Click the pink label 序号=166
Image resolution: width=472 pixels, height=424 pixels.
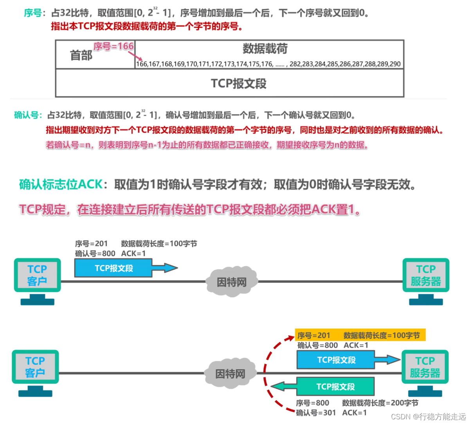pyautogui.click(x=113, y=47)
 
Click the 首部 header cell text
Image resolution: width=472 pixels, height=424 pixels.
pyautogui.click(x=81, y=55)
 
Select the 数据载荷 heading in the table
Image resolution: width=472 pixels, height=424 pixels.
pyautogui.click(x=265, y=49)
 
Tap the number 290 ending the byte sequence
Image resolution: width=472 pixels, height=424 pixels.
pyautogui.click(x=395, y=64)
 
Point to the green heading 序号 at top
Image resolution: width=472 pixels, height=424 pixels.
pyautogui.click(x=32, y=13)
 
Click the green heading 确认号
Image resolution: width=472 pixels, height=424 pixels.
pyautogui.click(x=28, y=115)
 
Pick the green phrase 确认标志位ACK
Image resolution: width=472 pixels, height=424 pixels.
pyautogui.click(x=61, y=184)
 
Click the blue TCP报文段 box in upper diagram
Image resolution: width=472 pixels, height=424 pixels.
pyautogui.click(x=113, y=268)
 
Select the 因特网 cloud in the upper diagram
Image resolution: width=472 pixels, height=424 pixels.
pyautogui.click(x=232, y=281)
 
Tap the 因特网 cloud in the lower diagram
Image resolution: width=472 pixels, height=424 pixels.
pyautogui.click(x=230, y=373)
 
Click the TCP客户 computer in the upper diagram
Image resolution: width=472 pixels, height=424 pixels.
pyautogui.click(x=37, y=276)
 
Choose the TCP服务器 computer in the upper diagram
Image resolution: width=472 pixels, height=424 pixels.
pyautogui.click(x=426, y=276)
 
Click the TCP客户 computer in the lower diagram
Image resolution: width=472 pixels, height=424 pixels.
pyautogui.click(x=35, y=368)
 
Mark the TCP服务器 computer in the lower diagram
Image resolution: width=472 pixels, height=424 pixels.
pyautogui.click(x=425, y=368)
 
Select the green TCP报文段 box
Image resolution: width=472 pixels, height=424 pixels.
pyautogui.click(x=335, y=387)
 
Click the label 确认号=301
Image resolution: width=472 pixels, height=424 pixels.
pyautogui.click(x=316, y=413)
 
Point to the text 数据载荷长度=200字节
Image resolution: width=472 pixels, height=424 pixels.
pyautogui.click(x=380, y=403)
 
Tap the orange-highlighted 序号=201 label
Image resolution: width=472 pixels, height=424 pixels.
pyautogui.click(x=314, y=336)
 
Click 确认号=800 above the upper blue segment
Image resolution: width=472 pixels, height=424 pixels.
pyautogui.click(x=95, y=253)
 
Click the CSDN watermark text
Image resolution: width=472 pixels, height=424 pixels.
pyautogui.click(x=428, y=417)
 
